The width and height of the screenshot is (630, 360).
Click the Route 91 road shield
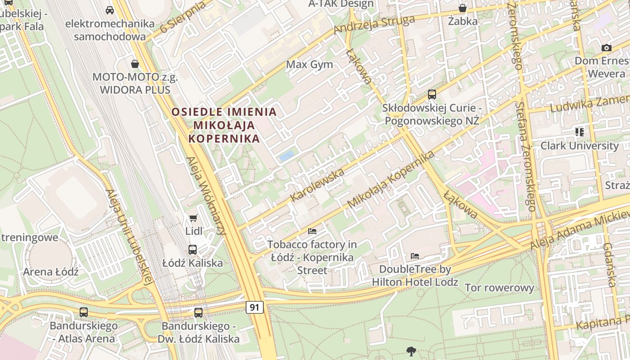coord(255,307)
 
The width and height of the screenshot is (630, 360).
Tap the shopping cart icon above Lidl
coord(193,218)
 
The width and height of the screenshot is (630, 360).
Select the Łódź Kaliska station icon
coord(193,249)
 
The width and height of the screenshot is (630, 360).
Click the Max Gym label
coord(310,64)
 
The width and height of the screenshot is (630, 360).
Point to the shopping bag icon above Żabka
coord(463,8)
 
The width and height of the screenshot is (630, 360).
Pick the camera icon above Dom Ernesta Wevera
coord(606,48)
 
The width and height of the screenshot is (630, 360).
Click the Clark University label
coord(580,146)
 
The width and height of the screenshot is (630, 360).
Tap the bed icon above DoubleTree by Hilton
coord(415,256)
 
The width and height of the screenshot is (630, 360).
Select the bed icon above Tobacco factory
coord(312,231)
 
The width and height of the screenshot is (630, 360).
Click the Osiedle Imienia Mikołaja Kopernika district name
coord(224,125)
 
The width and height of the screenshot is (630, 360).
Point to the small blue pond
coord(286,156)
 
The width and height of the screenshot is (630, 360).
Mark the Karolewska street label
coord(317,185)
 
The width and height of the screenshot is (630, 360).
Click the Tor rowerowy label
coord(499,288)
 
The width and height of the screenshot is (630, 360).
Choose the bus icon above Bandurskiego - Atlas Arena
coord(83,312)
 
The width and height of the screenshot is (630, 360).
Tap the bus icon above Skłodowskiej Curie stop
coord(432,94)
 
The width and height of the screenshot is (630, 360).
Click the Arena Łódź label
coord(51,272)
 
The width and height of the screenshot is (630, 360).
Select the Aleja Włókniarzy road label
coord(206,196)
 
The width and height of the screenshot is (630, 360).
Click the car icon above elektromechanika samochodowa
coord(109,10)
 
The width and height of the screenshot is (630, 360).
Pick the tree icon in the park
coord(411,351)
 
